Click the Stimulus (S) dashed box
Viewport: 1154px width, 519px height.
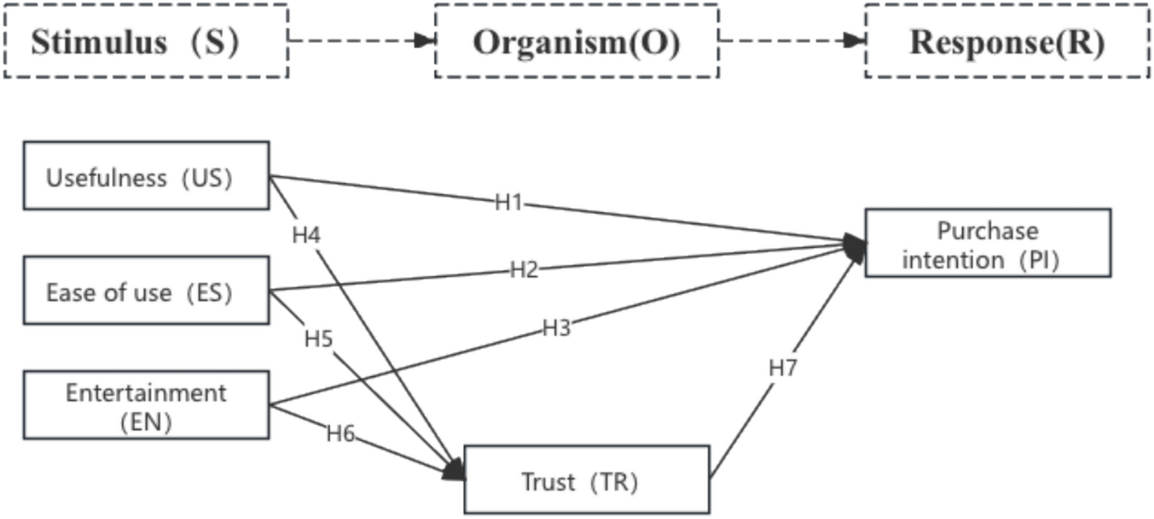145,41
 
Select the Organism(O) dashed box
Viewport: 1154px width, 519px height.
576,41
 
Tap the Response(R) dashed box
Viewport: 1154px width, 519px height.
1006,41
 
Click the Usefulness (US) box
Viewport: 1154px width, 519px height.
146,175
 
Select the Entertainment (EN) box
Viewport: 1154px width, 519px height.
146,405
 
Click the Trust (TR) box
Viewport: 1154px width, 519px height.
586,480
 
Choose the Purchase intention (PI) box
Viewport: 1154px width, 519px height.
987,242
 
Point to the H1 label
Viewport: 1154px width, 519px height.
509,203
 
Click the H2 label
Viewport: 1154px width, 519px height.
523,270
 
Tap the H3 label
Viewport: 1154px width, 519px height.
556,328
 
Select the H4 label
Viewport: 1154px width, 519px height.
306,234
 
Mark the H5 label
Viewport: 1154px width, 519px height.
319,339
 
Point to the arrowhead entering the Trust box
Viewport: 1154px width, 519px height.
455,471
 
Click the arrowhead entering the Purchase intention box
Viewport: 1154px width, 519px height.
854,245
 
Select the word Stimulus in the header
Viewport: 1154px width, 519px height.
99,41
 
